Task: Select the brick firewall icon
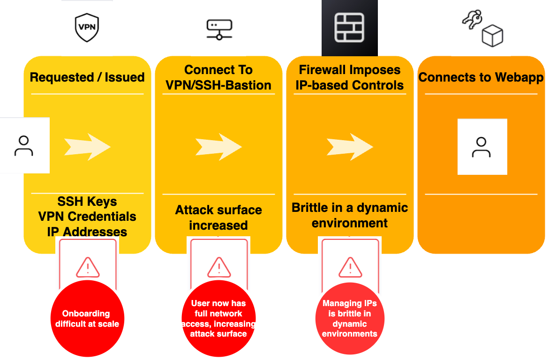coord(349,27)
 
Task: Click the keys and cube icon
coord(481,29)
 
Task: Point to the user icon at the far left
coord(24,145)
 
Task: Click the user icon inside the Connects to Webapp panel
coord(481,147)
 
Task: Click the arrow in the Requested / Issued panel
coord(88,147)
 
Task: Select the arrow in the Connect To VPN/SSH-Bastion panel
coord(218,147)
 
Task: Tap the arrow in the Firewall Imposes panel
coord(350,147)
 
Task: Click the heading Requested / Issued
coord(87,77)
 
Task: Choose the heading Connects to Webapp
coord(481,77)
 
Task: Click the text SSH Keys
coord(87,202)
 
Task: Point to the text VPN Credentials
coord(87,217)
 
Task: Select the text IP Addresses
coord(87,232)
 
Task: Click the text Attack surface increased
coord(218,217)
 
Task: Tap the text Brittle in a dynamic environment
coord(350,215)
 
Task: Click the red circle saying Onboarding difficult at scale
coord(87,319)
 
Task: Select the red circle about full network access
coord(218,319)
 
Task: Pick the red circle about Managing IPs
coord(350,319)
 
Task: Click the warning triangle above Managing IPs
coord(350,267)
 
